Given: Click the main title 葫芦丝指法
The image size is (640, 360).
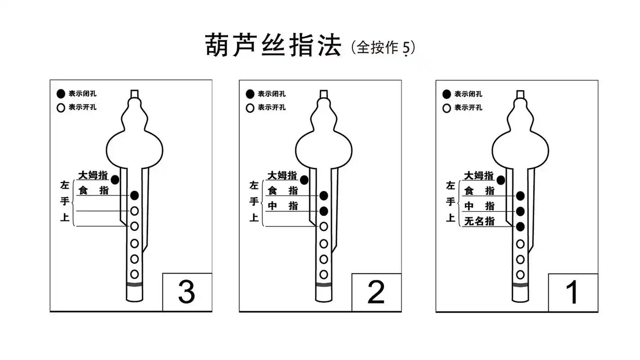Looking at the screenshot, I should (273, 45).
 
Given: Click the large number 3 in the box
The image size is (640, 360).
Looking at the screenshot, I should (187, 292).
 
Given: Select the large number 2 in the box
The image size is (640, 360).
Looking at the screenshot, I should (376, 292).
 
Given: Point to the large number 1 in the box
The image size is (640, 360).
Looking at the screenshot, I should (572, 292).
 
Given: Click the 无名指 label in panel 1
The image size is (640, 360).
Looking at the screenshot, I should (479, 221).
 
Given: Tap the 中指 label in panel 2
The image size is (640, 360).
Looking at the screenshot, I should (282, 206).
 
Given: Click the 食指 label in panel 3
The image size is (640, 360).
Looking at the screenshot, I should (94, 190).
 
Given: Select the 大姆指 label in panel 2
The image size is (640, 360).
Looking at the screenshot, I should (282, 175).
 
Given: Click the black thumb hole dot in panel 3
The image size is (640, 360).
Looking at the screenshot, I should (115, 180).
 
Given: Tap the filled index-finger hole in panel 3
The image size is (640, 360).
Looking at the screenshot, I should (134, 195).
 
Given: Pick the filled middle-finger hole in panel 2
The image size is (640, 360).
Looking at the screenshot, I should (323, 211).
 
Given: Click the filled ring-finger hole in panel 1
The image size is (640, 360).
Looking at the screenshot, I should (520, 226).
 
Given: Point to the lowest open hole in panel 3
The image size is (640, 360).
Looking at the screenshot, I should (134, 274).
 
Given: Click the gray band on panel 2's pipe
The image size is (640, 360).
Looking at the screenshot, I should (323, 285).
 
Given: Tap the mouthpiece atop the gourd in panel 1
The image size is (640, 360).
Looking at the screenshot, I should (520, 94).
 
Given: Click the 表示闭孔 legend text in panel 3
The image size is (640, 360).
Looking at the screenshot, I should (82, 94).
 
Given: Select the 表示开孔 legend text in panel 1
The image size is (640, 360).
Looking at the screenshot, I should (468, 108).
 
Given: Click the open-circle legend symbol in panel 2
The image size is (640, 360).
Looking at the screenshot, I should (250, 108).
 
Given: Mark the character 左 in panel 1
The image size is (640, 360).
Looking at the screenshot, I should (450, 185).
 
